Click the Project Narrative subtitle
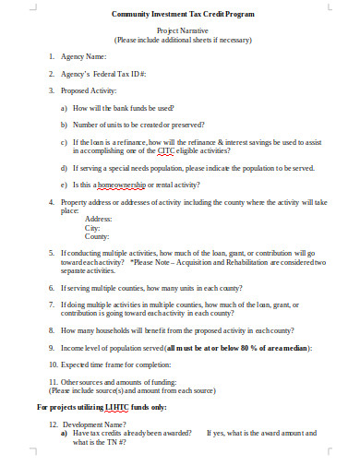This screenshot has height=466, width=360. pos(180,30)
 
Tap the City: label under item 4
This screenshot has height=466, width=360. pos(92,226)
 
